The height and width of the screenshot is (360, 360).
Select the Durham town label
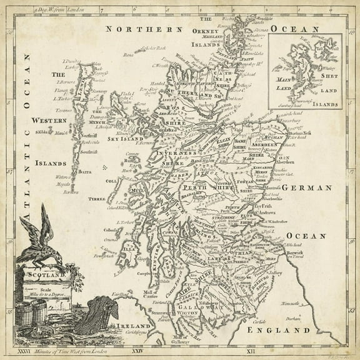tap(304, 317)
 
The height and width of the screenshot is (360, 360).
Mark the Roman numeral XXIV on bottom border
tap(132, 352)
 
